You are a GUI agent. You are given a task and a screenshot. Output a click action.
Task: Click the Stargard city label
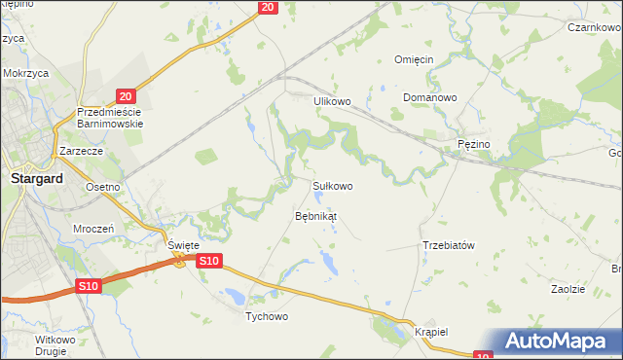(36, 179)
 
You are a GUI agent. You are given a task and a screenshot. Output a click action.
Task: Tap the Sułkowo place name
(332, 185)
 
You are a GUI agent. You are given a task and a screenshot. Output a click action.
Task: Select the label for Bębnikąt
(315, 216)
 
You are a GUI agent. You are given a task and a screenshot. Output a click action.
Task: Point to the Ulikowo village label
(331, 100)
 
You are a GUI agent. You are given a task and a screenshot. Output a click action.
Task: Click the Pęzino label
(475, 144)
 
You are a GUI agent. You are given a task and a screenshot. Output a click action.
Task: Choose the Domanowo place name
(430, 98)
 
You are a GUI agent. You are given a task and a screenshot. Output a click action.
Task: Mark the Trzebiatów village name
(448, 245)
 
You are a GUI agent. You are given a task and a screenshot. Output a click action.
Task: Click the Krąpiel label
(430, 331)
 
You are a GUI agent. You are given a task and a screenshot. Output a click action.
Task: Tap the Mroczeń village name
(94, 228)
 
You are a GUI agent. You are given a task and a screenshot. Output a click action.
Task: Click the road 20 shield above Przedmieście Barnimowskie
(125, 95)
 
